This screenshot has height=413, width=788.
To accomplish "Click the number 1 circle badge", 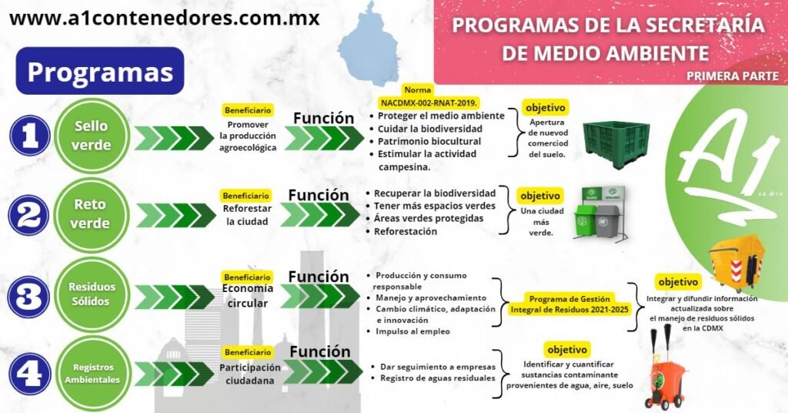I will pos(30,137).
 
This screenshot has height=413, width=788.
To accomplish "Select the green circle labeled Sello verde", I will pos(92,136).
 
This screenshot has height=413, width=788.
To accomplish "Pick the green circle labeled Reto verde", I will pos(90,215).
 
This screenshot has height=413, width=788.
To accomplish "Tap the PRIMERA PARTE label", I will pos(732,76).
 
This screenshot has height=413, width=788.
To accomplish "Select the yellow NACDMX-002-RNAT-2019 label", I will pos(429,102).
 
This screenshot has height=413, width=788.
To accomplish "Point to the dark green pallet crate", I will pos(613,144).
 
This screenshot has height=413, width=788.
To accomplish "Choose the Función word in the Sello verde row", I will pos(323,118).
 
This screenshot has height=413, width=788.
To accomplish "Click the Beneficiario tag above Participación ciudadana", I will pos(247,352).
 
